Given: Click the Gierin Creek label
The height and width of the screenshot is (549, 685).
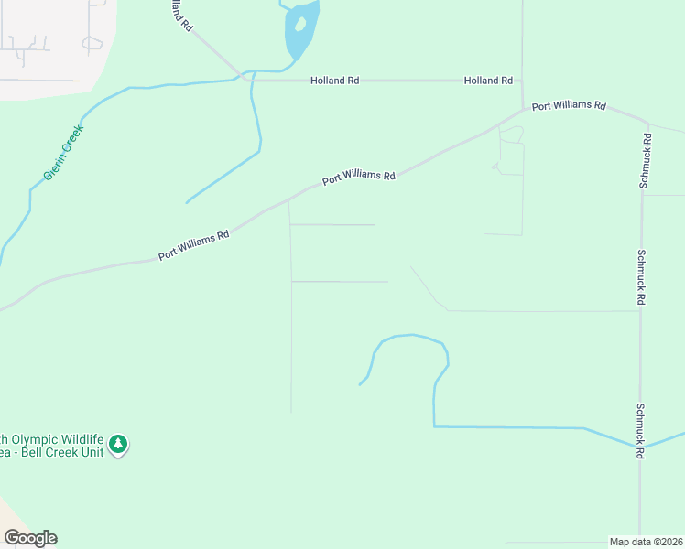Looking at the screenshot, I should click(63, 152).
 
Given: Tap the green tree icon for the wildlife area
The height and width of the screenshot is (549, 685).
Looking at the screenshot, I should click(117, 445).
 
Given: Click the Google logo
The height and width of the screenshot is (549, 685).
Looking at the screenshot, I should click(30, 538).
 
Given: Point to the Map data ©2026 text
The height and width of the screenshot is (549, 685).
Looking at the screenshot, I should click(646, 542).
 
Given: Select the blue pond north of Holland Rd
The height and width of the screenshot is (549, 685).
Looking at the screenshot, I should click(301, 29).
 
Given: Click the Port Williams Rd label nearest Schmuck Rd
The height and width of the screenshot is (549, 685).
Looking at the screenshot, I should click(569, 106).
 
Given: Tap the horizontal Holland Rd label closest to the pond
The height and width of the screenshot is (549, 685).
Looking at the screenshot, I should click(334, 81).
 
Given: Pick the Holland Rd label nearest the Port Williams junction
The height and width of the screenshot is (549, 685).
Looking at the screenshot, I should click(488, 81).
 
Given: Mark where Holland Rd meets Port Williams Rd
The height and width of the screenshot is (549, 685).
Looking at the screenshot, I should click(522, 109).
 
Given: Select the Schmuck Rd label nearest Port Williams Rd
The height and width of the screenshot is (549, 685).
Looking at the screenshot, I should click(645, 161).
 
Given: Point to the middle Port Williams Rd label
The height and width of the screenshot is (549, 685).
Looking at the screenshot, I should click(358, 176).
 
